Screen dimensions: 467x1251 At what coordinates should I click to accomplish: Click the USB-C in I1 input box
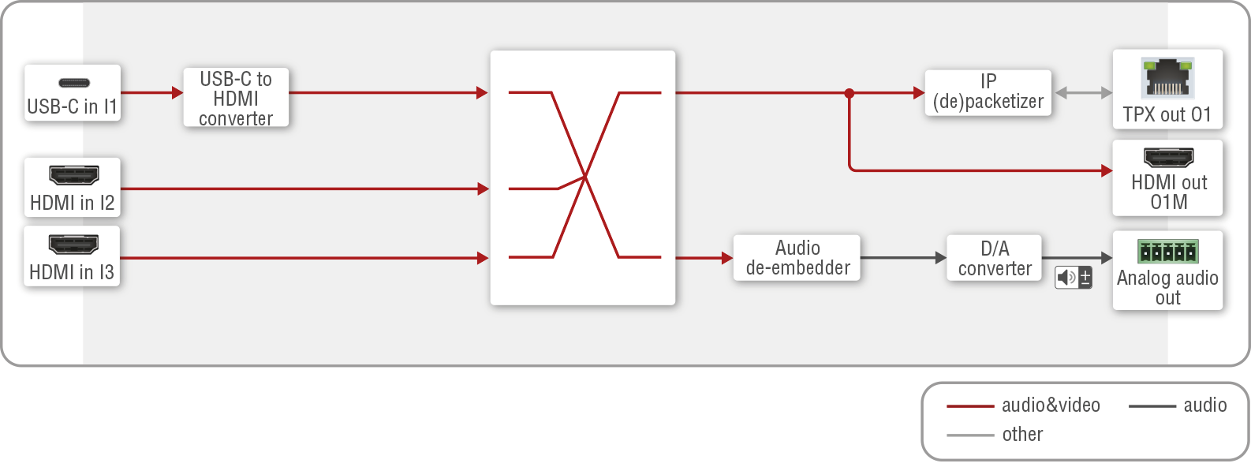pos(72,93)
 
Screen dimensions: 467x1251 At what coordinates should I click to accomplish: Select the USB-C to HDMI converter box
pos(236,98)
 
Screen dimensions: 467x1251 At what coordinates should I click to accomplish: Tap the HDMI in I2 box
pos(72,188)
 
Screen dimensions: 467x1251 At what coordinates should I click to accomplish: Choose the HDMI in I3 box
pos(72,256)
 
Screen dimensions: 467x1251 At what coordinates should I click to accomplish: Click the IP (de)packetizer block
pos(988,92)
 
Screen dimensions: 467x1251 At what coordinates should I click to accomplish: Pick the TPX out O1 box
pos(1167,89)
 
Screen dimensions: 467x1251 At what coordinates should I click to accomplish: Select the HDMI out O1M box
pos(1167,178)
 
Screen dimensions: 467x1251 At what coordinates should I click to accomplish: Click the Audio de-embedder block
pos(797,257)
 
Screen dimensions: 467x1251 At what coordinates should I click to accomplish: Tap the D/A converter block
pos(994,257)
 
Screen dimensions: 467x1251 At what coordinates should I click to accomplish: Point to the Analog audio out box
pos(1167,271)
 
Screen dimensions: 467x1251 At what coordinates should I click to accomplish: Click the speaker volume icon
pos(1074,277)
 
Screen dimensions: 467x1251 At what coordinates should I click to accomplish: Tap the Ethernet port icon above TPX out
pos(1167,77)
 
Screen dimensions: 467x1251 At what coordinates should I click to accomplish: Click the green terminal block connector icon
pos(1167,252)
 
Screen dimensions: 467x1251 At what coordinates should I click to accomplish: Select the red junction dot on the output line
pos(850,93)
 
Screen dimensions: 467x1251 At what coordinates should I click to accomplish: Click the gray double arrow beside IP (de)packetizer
pos(1083,93)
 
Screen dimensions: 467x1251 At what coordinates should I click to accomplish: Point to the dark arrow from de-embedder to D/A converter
pos(903,258)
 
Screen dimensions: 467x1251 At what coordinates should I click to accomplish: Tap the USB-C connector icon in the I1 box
pos(74,82)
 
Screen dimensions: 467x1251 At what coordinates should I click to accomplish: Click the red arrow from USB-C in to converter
pos(151,93)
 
